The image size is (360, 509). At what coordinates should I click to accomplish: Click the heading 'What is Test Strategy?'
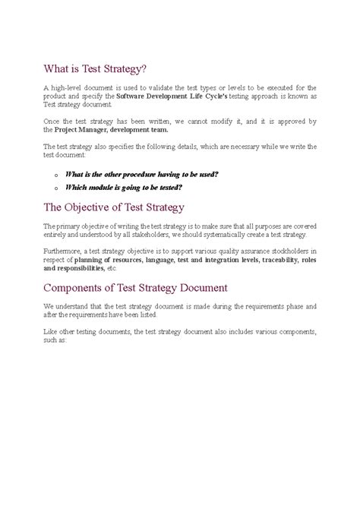(95, 70)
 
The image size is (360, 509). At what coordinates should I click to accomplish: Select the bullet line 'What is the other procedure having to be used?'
(141, 173)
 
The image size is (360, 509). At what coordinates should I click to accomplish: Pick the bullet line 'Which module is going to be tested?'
(123, 187)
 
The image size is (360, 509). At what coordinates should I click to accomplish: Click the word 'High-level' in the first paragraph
(65, 88)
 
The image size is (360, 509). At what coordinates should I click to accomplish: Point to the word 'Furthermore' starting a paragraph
(62, 251)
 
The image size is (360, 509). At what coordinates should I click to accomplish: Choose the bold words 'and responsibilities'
(74, 268)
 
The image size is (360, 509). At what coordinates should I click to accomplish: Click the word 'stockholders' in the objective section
(288, 251)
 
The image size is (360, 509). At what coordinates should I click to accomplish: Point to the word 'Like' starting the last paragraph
(49, 332)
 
